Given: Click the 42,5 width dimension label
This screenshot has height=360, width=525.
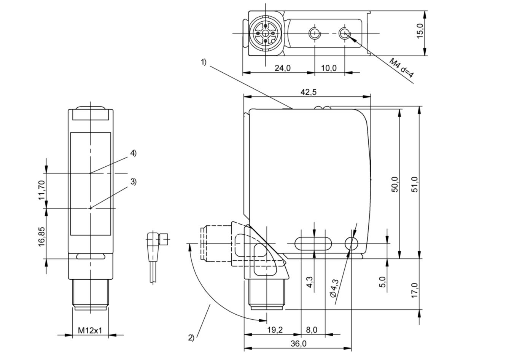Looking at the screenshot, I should point(309,92).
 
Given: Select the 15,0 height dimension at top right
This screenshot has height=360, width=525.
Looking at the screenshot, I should point(420,30).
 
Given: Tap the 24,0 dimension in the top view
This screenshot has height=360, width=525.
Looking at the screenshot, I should point(283,68).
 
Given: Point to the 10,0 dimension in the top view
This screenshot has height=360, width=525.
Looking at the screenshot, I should point(329,68).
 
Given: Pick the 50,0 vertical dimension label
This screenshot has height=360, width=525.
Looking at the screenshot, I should point(395,184).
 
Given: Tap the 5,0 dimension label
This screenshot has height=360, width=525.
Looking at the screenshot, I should point(383,282).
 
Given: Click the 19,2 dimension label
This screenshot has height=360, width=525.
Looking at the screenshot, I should point(275,330).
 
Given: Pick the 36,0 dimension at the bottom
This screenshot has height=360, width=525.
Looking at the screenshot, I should point(299,344).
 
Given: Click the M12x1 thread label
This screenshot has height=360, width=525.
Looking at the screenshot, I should point(90,330).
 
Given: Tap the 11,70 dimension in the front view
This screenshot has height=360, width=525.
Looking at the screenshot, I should point(42,190).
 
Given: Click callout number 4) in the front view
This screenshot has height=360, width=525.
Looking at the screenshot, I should point(133,153).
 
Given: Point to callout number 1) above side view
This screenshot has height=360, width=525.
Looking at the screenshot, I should point(204,62).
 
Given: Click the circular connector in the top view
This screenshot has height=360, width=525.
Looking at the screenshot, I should point(265,33).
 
